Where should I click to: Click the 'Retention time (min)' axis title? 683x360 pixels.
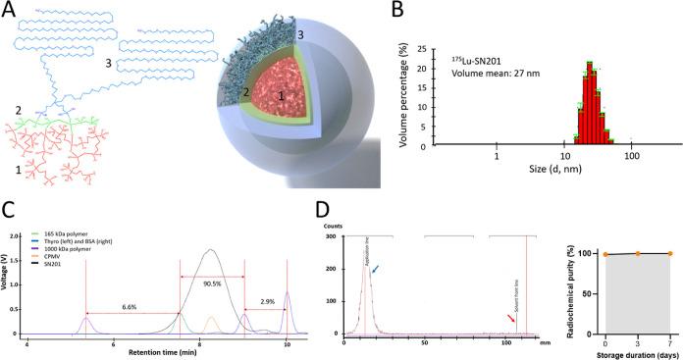(x=161, y=354)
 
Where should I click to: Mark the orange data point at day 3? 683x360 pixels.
(x=637, y=253)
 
